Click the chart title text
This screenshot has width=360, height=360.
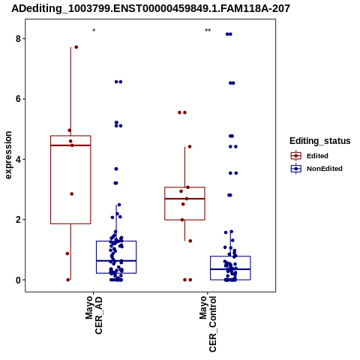[151, 8]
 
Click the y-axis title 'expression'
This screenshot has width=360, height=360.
[8, 155]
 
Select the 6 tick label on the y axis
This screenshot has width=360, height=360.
[18, 99]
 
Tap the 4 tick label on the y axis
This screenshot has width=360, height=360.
[18, 159]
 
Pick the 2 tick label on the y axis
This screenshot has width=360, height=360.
[18, 220]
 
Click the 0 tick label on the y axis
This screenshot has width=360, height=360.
[18, 280]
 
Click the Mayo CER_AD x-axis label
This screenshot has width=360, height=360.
[94, 315]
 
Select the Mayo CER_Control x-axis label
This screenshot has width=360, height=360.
[208, 324]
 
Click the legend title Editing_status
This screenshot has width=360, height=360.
[320, 141]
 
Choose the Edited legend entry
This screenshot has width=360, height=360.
[310, 156]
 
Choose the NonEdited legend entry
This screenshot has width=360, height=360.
[316, 169]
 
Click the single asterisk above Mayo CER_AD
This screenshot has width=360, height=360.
[94, 31]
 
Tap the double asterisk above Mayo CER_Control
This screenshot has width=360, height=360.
[208, 31]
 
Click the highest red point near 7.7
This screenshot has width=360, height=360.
[76, 47]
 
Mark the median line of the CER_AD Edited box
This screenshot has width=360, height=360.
[70, 145]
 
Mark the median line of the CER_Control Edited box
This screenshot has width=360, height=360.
[184, 199]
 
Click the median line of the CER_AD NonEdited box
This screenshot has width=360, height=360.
[116, 261]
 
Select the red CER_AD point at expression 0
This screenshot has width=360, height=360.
[68, 280]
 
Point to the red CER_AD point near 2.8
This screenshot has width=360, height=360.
[72, 193]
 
